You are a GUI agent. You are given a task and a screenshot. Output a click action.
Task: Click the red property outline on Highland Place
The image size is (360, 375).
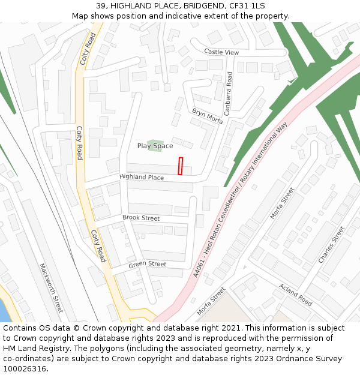pyautogui.click(x=181, y=166)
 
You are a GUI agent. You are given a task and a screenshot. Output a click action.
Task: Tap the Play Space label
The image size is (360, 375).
pyautogui.click(x=155, y=146)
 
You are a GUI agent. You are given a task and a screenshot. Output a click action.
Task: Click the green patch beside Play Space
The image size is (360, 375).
pyautogui.click(x=155, y=145)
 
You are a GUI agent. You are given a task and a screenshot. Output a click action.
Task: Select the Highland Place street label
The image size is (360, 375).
pyautogui.click(x=142, y=178)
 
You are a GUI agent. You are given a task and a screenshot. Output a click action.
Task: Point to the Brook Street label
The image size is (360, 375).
pyautogui.click(x=141, y=218)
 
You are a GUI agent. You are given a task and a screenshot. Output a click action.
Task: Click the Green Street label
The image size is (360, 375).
pyautogui.click(x=148, y=264)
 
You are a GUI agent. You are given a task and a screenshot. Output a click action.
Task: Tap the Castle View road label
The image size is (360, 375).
pyautogui.click(x=221, y=52)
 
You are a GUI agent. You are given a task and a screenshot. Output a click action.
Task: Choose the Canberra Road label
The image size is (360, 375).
pyautogui.click(x=228, y=93)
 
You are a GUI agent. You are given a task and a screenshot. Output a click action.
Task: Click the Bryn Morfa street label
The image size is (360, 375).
pyautogui.click(x=207, y=116)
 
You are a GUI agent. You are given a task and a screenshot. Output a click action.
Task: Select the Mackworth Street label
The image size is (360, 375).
pyautogui.click(x=51, y=288)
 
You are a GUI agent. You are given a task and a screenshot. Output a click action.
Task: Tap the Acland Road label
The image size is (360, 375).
pyautogui.click(x=295, y=293)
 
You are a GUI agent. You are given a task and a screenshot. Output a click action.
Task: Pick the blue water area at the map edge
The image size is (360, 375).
pyautogui.click(x=4, y=308)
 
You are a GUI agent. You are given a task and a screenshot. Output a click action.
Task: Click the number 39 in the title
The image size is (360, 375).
pyautogui.click(x=100, y=6)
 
